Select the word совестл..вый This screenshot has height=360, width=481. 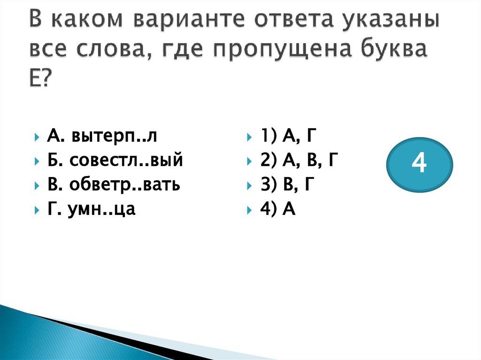[126, 161]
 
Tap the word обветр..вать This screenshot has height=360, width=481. [126, 185]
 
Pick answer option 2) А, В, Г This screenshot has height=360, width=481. [298, 161]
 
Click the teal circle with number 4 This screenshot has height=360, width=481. [419, 164]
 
